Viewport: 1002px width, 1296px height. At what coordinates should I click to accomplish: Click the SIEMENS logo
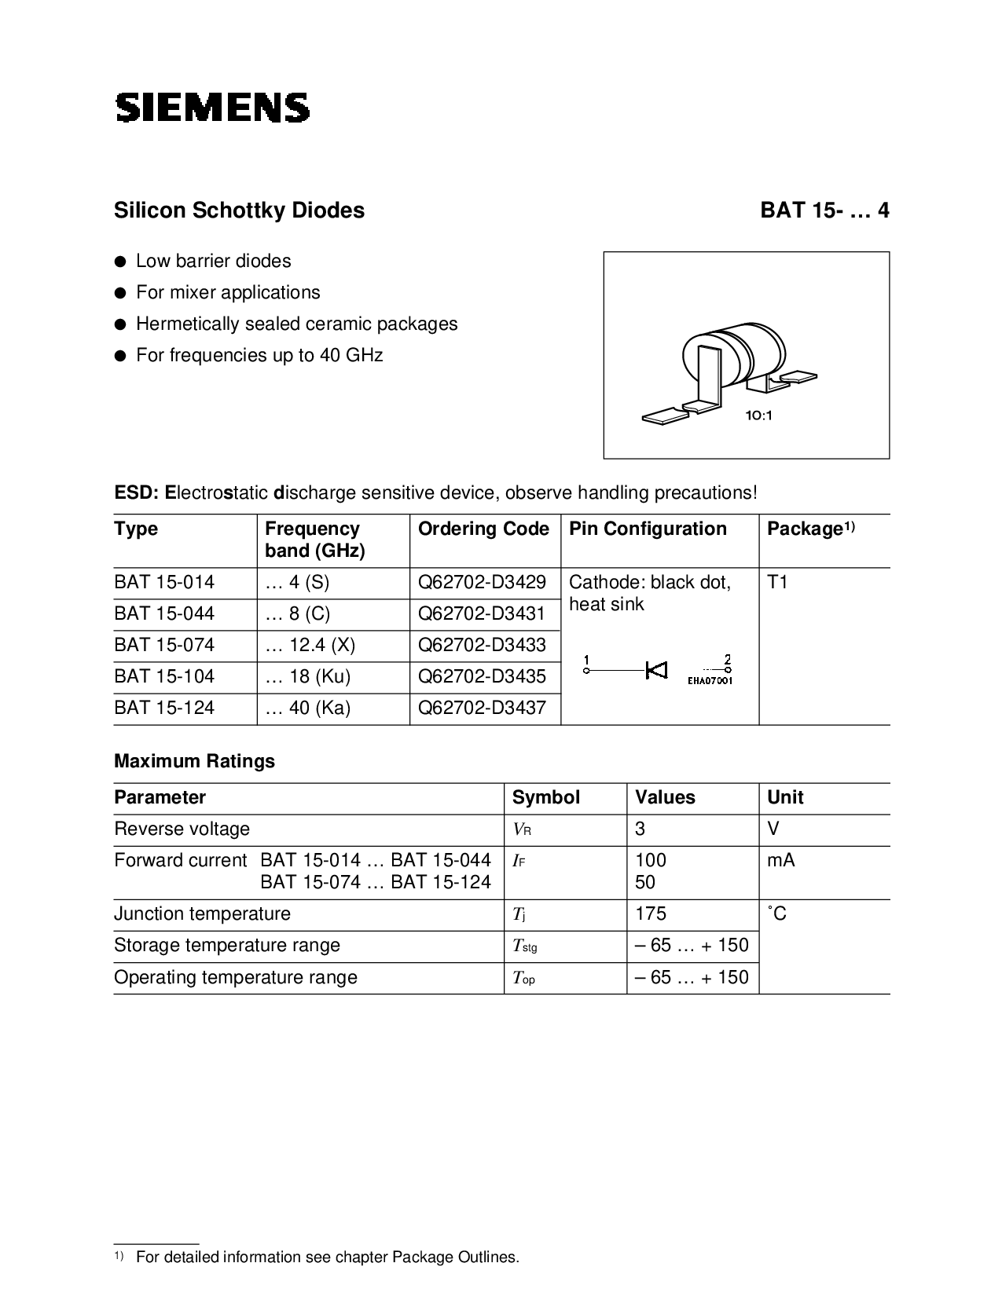tap(212, 108)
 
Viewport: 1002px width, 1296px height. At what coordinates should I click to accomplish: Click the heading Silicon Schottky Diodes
tap(239, 211)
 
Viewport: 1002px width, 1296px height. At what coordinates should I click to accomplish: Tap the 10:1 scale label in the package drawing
tap(759, 416)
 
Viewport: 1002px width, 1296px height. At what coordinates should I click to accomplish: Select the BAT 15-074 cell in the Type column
tap(164, 646)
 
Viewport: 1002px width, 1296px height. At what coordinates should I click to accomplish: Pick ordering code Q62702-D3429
tap(482, 583)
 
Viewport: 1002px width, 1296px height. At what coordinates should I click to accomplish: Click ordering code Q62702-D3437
tap(482, 708)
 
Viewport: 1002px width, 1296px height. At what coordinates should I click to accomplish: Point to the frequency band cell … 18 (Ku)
tap(308, 677)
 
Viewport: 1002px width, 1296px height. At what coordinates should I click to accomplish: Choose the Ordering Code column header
tap(483, 529)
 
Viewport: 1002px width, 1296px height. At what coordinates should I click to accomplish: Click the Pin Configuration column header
tap(648, 529)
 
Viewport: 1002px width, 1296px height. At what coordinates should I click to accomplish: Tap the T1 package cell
tap(777, 583)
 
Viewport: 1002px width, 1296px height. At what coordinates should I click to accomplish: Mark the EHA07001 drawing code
tap(710, 680)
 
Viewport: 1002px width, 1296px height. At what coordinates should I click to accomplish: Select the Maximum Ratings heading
tap(194, 761)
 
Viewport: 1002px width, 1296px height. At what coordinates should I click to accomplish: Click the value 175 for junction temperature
tap(651, 914)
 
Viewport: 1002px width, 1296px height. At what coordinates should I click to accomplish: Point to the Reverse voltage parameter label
tap(182, 829)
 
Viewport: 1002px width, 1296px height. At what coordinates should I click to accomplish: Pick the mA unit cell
tap(780, 861)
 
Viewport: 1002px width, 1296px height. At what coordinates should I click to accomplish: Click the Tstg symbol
tap(524, 946)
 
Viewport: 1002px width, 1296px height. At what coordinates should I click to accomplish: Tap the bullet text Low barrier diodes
tap(213, 262)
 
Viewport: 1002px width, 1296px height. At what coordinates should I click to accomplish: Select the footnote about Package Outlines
tap(327, 1257)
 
